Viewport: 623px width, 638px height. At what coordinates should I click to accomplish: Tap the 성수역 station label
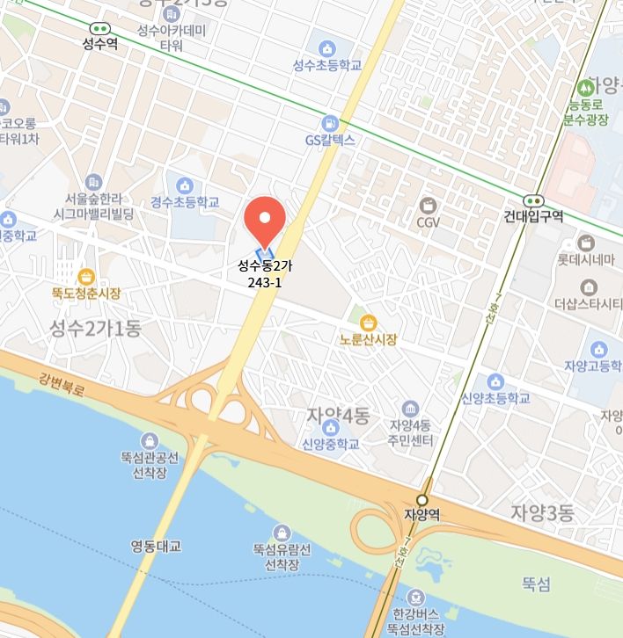(x=99, y=43)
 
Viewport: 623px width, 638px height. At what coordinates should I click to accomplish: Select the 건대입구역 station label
(x=534, y=216)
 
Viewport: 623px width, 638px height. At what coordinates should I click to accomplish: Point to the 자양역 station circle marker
(x=422, y=499)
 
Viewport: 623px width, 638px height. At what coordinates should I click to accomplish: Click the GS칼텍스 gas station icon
(x=330, y=123)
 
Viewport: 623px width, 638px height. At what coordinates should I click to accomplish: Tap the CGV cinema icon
(x=429, y=205)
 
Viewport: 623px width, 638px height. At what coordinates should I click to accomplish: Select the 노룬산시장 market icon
(x=370, y=322)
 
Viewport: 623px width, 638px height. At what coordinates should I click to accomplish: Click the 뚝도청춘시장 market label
(x=85, y=294)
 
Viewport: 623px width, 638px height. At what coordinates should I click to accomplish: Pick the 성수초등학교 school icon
(x=328, y=47)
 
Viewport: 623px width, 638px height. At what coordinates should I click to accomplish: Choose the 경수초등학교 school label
(x=185, y=202)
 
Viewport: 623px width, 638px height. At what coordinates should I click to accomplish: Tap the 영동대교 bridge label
(x=156, y=546)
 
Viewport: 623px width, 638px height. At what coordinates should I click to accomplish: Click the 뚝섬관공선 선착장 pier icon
(x=150, y=440)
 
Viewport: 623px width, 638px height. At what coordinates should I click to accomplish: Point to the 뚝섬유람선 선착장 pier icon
(x=282, y=532)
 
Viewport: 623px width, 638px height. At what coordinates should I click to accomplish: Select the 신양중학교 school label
(x=331, y=444)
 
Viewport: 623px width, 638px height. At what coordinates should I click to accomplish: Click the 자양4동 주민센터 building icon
(x=410, y=409)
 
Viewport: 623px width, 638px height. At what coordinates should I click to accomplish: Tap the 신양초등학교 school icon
(x=495, y=381)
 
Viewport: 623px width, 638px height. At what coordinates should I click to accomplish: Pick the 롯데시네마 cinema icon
(x=587, y=243)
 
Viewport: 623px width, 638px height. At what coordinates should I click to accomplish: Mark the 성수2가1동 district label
(x=94, y=329)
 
